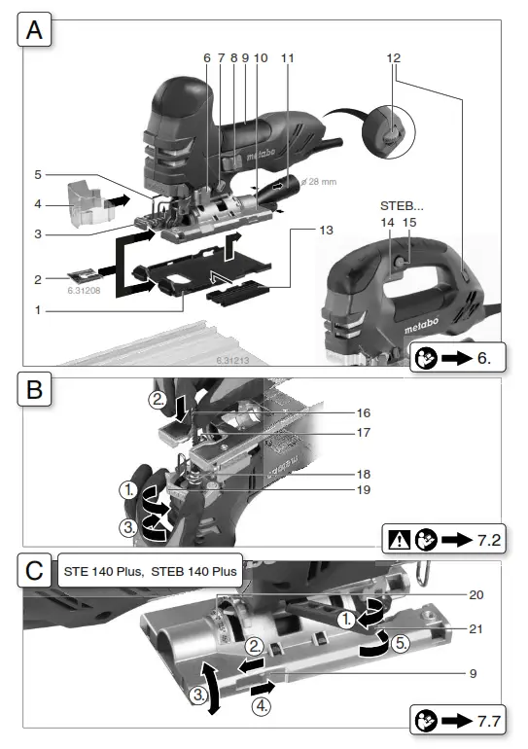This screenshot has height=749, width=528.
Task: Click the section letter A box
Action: [34, 32]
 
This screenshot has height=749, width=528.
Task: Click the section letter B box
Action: [34, 392]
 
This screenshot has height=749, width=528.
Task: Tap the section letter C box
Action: [34, 570]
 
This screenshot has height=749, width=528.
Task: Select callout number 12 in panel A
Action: [393, 58]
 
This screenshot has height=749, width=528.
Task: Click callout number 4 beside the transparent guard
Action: [37, 204]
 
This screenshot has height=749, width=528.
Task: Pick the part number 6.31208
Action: [87, 290]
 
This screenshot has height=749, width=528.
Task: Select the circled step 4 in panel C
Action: [262, 707]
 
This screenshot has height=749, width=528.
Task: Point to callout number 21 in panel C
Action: [475, 629]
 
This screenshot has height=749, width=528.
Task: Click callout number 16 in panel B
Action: [364, 412]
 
